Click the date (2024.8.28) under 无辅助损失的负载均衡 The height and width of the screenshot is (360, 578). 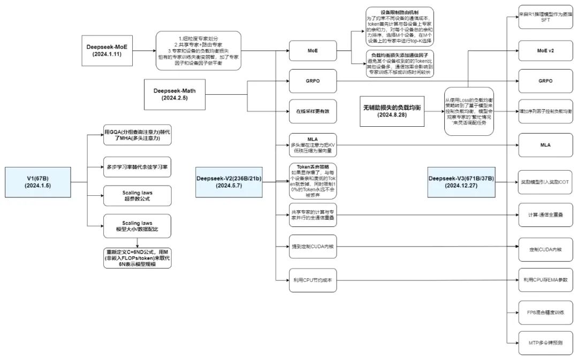(392, 115)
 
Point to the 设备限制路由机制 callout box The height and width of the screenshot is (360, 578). (399, 26)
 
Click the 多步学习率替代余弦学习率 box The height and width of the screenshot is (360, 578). (139, 166)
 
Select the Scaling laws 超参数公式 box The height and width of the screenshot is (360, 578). (139, 196)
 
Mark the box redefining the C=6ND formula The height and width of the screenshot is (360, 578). (139, 258)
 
